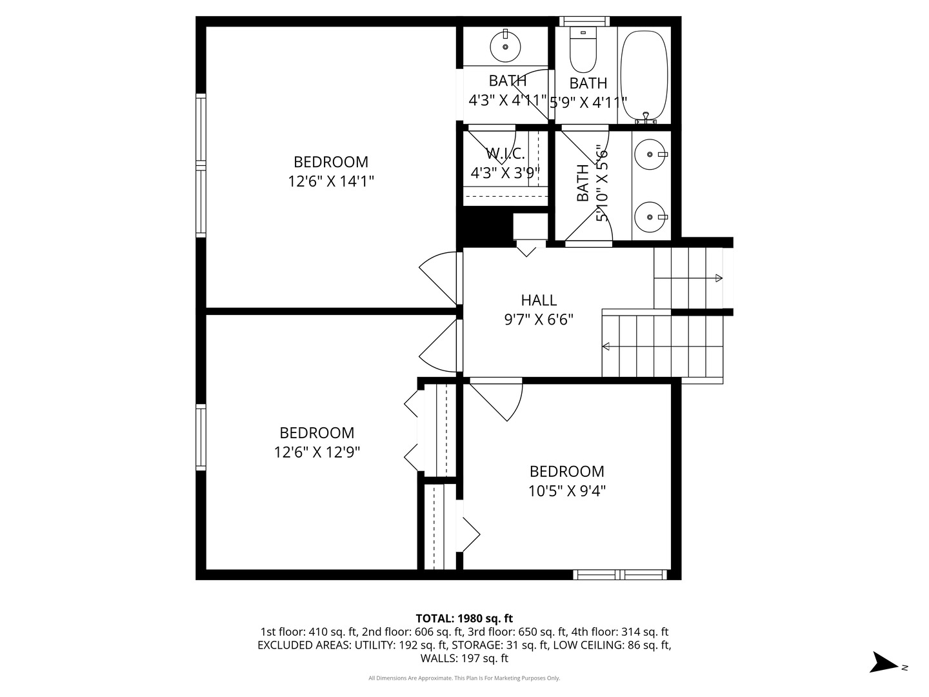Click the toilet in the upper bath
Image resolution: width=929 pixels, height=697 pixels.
pos(583,52)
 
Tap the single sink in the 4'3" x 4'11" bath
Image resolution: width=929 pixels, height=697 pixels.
pos(505,46)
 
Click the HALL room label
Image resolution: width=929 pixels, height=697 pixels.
pos(539,300)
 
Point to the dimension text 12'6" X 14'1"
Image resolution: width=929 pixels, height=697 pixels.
pos(331,181)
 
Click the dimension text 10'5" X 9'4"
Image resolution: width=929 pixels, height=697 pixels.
pos(567,491)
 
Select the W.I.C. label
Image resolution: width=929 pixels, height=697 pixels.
pos(505,154)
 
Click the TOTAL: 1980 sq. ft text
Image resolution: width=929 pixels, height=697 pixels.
pos(464,618)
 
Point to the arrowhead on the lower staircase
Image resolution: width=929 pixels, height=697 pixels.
pos(606,347)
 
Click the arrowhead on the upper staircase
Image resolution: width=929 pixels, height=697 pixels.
pos(719,278)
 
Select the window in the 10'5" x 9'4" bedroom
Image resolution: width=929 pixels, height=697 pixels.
pos(620,574)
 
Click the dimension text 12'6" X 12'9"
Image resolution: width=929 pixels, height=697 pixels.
pos(317,452)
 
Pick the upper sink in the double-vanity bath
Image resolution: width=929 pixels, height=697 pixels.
pos(650,155)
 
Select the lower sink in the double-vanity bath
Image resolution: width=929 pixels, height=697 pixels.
pos(650,218)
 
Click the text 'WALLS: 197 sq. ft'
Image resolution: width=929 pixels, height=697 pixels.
pos(464,658)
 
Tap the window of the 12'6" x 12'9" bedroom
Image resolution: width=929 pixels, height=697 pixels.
pos(201,437)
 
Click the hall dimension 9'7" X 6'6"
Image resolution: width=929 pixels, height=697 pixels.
pos(539,319)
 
